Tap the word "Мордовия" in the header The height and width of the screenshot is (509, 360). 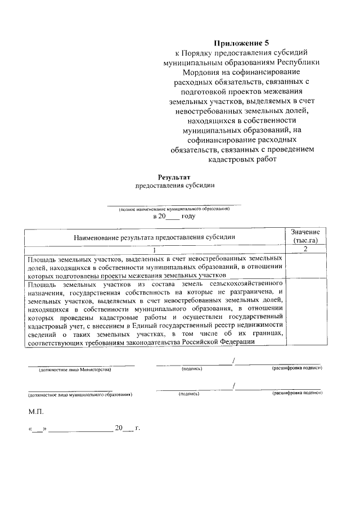[204, 73]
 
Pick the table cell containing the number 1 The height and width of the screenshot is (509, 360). [154, 249]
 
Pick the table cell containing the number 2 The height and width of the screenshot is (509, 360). [305, 249]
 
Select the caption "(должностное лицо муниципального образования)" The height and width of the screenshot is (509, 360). [80, 395]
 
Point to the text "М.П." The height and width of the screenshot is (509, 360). [35, 412]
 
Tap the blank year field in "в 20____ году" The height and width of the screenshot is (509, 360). [173, 217]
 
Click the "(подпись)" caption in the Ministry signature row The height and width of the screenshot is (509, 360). [192, 369]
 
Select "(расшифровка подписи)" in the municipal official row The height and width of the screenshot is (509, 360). [297, 394]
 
